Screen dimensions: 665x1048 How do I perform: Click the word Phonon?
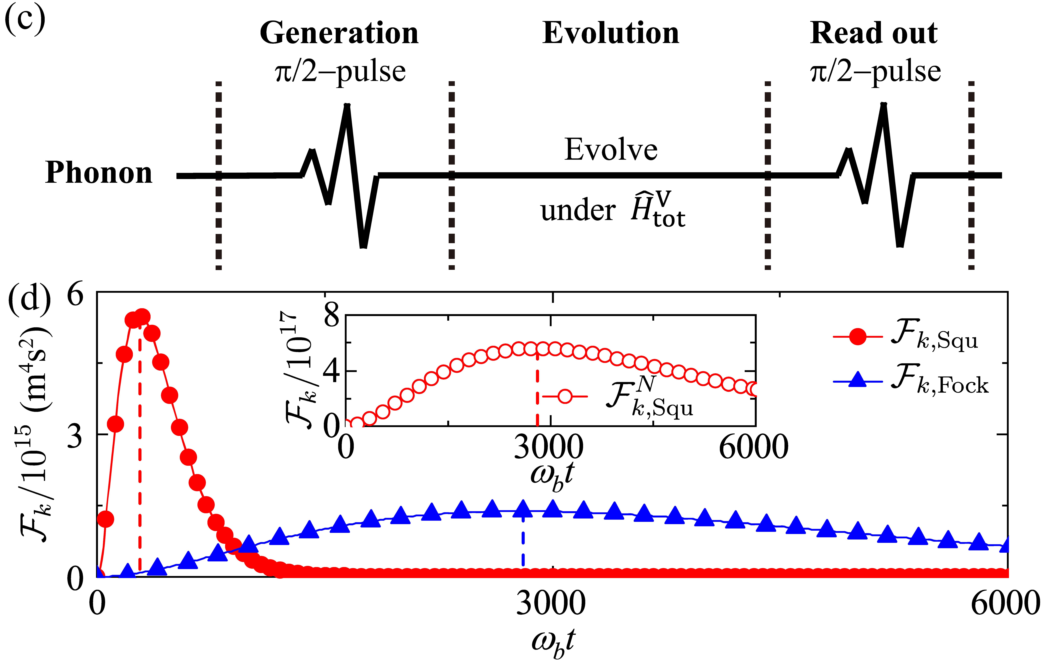tap(99, 173)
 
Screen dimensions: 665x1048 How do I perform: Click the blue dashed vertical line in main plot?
tap(523, 544)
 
